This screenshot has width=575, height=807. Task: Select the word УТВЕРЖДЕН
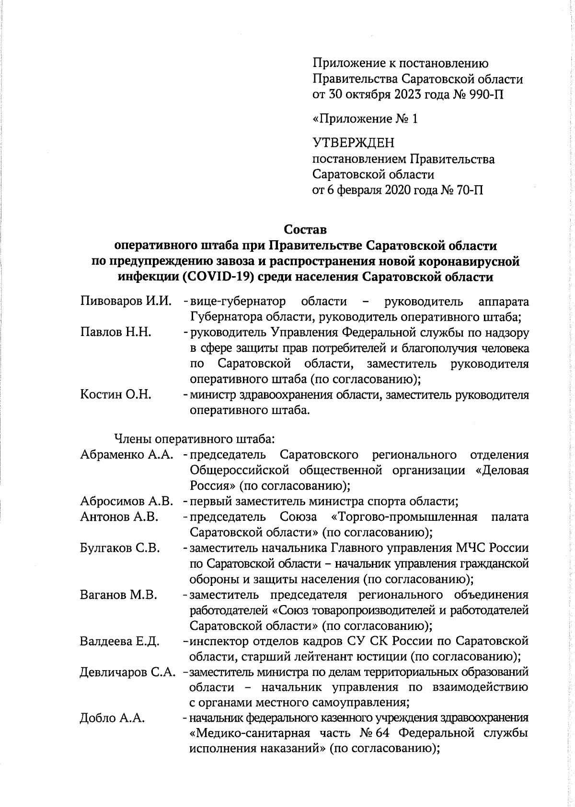coord(354,143)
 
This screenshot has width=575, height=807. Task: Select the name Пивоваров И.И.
coord(126,302)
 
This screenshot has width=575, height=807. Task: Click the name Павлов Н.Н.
coord(116,333)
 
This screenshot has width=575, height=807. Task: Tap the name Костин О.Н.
coord(116,395)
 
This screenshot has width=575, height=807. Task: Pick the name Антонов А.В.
coord(119,517)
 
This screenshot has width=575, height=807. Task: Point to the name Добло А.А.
coord(113,718)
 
